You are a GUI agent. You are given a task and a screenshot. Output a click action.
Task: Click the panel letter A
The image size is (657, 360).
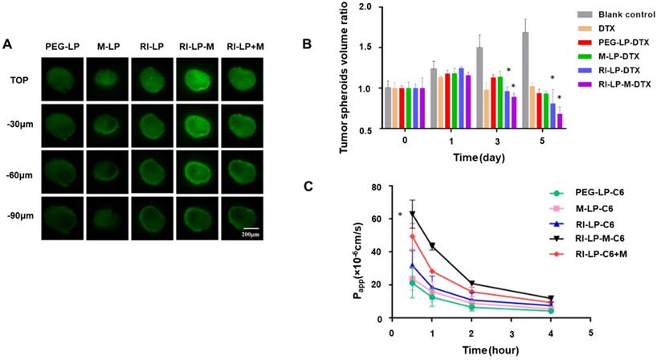tap(7, 43)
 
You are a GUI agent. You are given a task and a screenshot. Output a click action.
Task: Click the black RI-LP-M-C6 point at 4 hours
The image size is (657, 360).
tap(551, 298)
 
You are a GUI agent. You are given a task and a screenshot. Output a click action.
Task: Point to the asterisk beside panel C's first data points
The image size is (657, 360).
tap(400, 215)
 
